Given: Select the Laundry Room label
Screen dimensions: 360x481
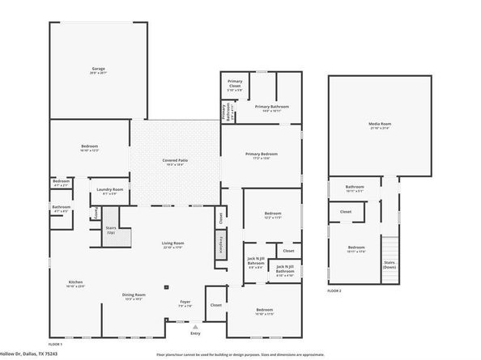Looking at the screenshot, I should coord(109,191).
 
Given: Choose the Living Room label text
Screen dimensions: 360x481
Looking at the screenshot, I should coord(173,245).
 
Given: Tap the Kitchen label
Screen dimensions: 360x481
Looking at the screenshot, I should coord(75,283).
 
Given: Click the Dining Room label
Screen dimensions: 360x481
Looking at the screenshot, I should coord(134,296).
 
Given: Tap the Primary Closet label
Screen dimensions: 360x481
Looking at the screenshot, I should coord(235,84).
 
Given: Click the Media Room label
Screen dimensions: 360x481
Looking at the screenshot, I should coord(379,125).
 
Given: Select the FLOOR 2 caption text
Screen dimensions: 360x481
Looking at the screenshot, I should coord(334,290).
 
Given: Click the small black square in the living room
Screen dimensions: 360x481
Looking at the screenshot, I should coord(165,286).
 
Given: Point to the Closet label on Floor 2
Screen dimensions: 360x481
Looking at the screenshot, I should coord(346,213).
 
